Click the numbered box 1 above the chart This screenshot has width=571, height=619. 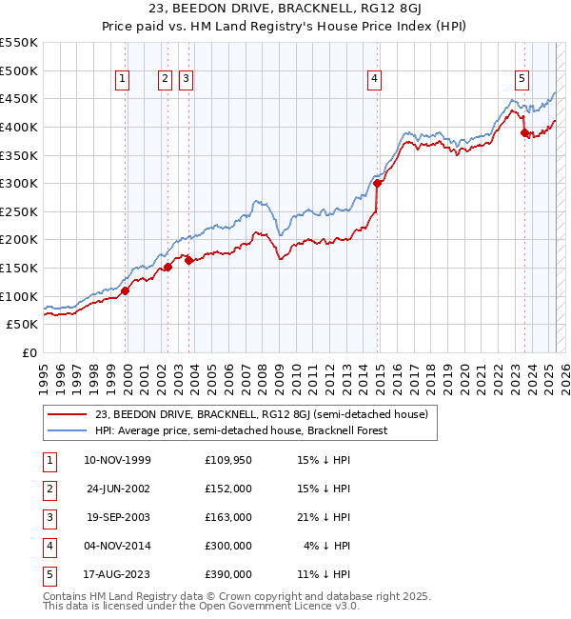[x=124, y=79]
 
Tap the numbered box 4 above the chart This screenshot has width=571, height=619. [x=375, y=79]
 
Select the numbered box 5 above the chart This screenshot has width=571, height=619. [x=522, y=79]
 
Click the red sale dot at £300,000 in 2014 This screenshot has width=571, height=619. [x=378, y=183]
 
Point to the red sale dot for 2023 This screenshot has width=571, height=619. [x=524, y=132]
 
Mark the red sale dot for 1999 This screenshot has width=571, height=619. [x=126, y=290]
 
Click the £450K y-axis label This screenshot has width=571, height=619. [x=19, y=98]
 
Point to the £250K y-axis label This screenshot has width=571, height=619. [x=19, y=211]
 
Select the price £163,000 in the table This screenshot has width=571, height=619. [x=228, y=517]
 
